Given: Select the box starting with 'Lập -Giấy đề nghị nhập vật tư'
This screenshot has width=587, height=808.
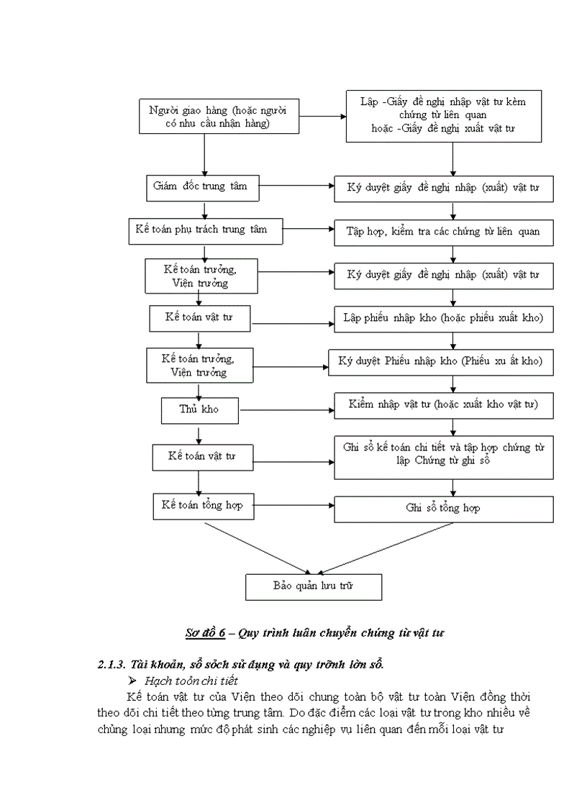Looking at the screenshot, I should click(442, 117).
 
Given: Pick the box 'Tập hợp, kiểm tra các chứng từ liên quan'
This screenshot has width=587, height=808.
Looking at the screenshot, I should click(443, 232).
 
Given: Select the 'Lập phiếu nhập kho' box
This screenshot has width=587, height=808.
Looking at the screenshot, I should click(443, 317).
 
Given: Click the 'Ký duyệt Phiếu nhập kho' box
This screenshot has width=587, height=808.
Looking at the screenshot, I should click(440, 360).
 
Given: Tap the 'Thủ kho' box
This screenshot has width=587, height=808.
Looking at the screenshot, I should click(199, 409).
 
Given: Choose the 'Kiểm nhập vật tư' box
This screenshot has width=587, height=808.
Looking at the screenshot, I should click(443, 404).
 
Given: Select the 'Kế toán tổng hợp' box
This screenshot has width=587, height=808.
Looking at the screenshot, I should click(203, 505).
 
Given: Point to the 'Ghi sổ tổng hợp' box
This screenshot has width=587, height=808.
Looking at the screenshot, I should click(443, 508).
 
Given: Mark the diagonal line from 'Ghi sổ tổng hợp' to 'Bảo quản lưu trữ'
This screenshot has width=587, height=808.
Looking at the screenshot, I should click(388, 547).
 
